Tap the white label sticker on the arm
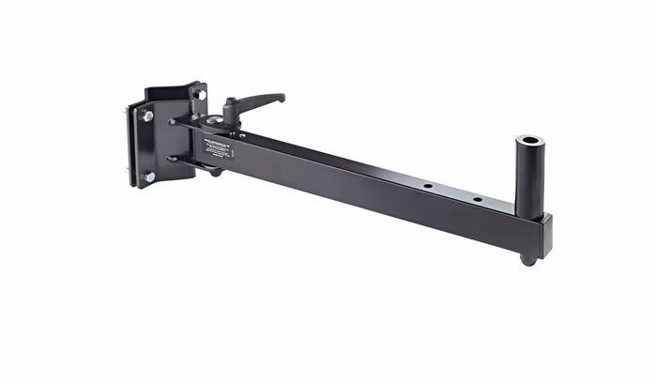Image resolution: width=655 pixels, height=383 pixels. (219, 146)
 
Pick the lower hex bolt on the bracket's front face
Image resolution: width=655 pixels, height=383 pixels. (148, 176)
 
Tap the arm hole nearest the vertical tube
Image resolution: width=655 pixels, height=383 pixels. (477, 200)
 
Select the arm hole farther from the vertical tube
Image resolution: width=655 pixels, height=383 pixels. (427, 186)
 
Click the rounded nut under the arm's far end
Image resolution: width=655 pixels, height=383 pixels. (529, 259)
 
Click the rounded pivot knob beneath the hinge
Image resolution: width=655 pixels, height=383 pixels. (215, 172)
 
